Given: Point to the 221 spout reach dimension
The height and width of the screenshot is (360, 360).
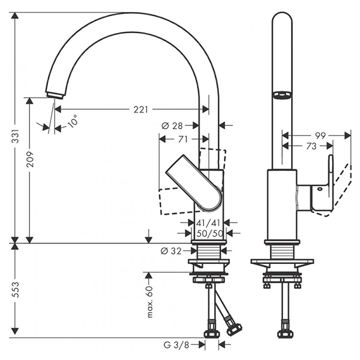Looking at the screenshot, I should click(140, 109).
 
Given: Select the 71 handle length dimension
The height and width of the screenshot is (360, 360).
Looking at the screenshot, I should click(184, 139).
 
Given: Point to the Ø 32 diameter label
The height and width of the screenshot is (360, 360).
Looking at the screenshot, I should click(172, 251).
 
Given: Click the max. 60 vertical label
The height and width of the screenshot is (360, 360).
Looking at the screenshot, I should click(151, 300).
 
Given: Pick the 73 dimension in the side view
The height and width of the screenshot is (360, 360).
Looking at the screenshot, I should click(311, 146).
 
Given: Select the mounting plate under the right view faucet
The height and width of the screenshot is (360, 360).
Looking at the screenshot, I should click(282, 263).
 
